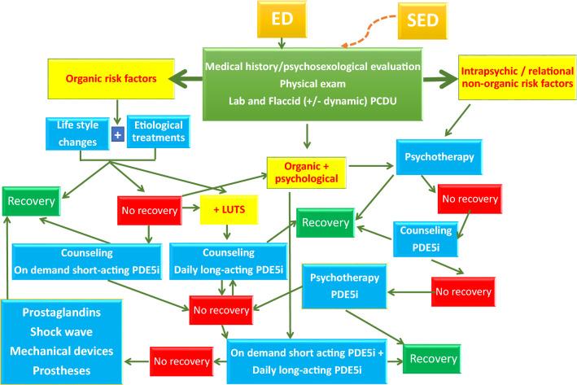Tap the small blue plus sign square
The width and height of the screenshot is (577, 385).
[x=117, y=134]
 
